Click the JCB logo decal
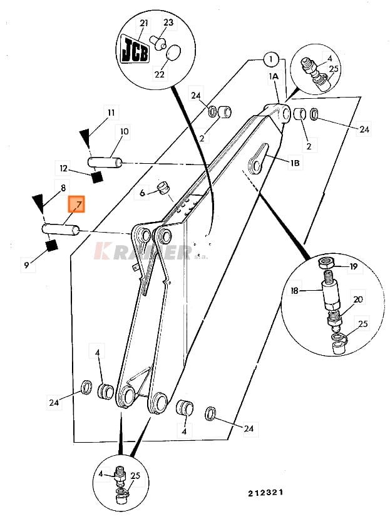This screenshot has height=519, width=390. pos(135,49)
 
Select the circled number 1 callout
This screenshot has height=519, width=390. pos(270,60)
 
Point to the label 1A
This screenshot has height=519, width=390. pos(274,76)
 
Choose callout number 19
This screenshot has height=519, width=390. pos(353,266)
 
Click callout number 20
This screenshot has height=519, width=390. pos(357,300)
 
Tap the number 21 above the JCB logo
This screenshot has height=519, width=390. pos(143,23)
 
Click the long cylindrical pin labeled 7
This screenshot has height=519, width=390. pos(60,229)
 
